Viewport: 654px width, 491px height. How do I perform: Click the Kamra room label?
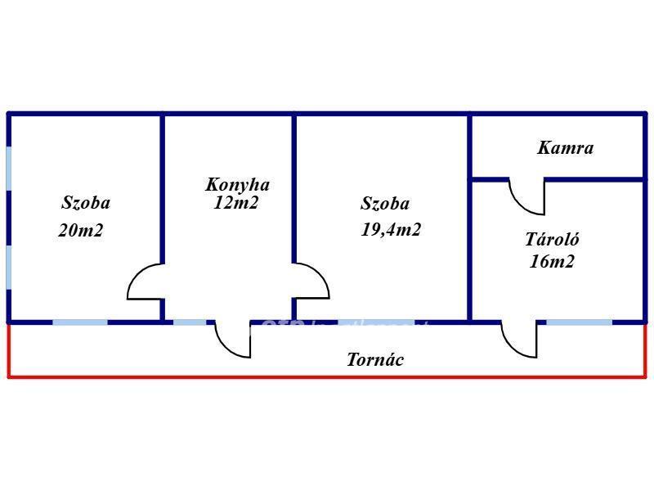(565, 148)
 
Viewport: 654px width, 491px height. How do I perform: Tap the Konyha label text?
(237, 185)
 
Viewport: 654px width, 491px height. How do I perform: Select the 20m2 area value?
(81, 231)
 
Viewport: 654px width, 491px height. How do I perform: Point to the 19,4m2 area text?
(391, 230)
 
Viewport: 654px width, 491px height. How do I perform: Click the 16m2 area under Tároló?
(553, 262)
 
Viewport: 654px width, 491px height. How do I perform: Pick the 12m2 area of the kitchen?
(235, 203)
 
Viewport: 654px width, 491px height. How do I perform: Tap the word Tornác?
(375, 359)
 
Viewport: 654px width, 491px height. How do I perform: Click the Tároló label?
(552, 240)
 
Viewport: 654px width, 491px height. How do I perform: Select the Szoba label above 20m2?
(86, 203)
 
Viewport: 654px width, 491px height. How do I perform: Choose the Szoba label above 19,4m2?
(385, 204)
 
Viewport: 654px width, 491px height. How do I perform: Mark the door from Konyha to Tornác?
(234, 338)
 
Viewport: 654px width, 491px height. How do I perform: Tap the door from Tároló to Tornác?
(520, 338)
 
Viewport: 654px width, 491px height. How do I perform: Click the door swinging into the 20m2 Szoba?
(146, 282)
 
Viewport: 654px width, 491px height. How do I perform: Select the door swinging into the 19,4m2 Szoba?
(311, 281)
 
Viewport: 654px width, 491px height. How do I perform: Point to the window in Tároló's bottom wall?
(579, 322)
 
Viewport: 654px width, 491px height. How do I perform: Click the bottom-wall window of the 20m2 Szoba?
(80, 322)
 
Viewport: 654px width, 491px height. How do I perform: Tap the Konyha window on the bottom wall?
(190, 322)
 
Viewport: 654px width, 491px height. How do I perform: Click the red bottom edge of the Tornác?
(327, 377)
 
